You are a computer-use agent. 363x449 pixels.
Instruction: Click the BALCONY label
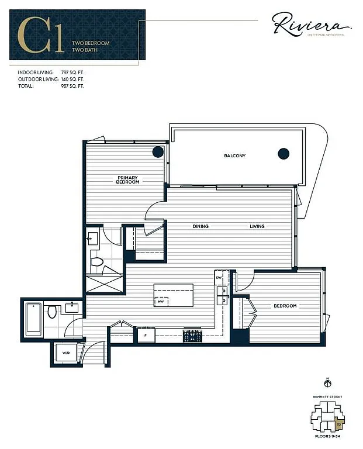pyautogui.click(x=234, y=156)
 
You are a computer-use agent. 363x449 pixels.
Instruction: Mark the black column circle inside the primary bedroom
pyautogui.click(x=158, y=152)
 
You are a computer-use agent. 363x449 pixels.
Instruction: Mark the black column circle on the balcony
pyautogui.click(x=284, y=154)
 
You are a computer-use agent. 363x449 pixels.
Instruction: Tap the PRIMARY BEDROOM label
pyautogui.click(x=128, y=180)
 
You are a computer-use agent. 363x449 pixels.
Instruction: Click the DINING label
pyautogui.click(x=202, y=226)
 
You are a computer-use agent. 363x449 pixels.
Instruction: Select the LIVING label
pyautogui.click(x=257, y=226)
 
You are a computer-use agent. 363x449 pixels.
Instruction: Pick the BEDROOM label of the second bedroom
pyautogui.click(x=285, y=306)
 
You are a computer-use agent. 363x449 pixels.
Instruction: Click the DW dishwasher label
pyautogui.click(x=219, y=278)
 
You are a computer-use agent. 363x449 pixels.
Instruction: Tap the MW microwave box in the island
pyautogui.click(x=160, y=301)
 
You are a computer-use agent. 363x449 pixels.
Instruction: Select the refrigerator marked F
pyautogui.click(x=146, y=336)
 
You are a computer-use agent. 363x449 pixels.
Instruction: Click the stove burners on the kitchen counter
pyautogui.click(x=192, y=336)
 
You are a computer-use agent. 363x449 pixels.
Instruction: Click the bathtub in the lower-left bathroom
pyautogui.click(x=33, y=319)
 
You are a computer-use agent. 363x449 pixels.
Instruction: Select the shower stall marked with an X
pyautogui.click(x=104, y=284)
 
